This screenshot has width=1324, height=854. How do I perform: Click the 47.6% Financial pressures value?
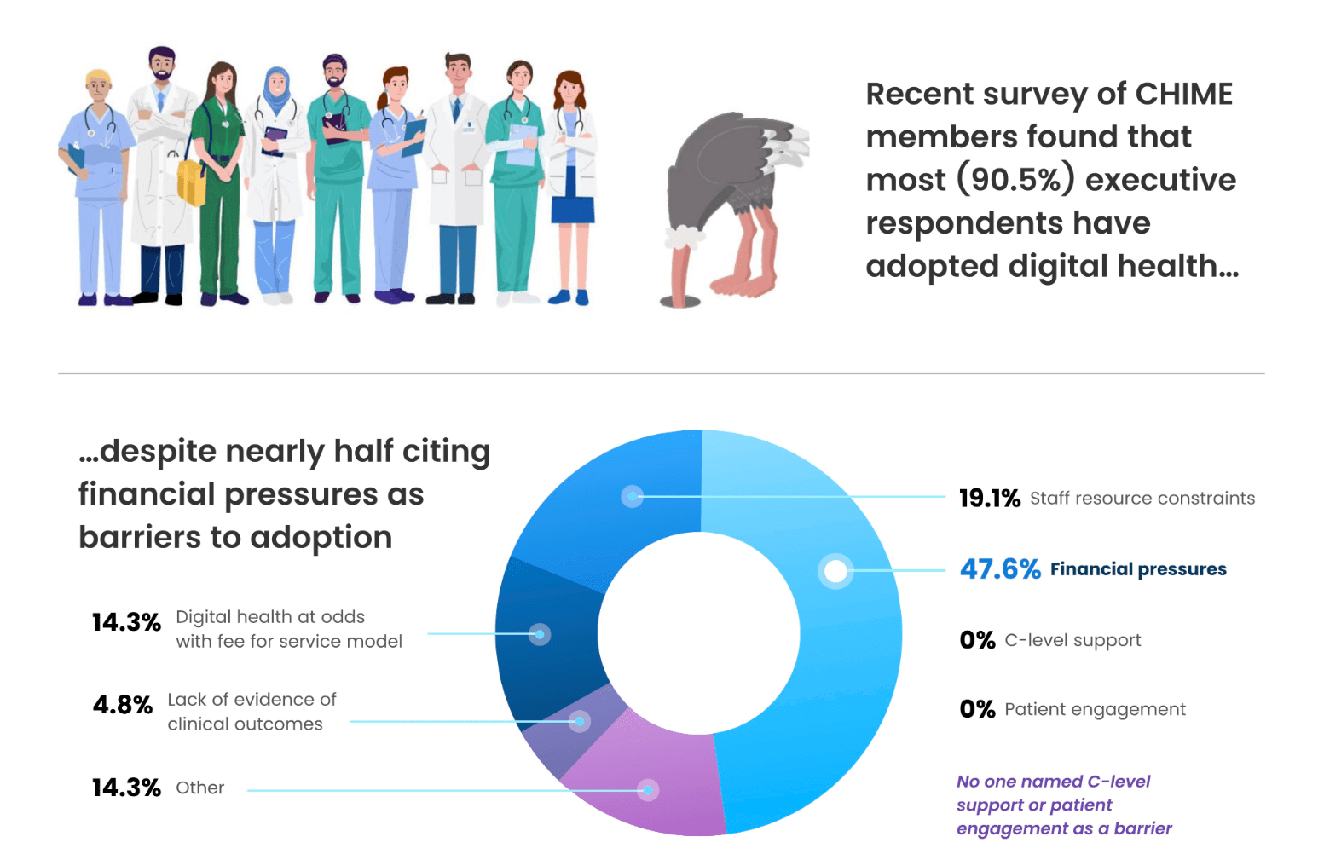pos(999,568)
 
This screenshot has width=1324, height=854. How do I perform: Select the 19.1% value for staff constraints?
pos(989,498)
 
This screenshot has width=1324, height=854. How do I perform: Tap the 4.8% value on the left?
pos(122,705)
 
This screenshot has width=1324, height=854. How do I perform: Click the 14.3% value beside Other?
pos(126,788)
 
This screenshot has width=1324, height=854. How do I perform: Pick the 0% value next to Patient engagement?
pos(977,709)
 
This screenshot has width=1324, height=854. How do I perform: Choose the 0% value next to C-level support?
pos(977,640)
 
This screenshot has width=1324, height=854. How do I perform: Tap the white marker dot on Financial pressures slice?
pos(835,571)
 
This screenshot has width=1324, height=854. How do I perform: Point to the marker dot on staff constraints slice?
pos(632,496)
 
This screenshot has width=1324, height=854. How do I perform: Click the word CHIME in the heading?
pos(1184,94)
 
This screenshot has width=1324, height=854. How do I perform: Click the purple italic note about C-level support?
pos(1063,805)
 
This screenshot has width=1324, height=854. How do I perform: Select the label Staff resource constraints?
pos(1142,498)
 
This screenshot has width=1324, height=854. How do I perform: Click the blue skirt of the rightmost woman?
pos(572,210)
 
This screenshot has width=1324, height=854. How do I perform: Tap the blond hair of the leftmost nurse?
pos(98,76)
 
